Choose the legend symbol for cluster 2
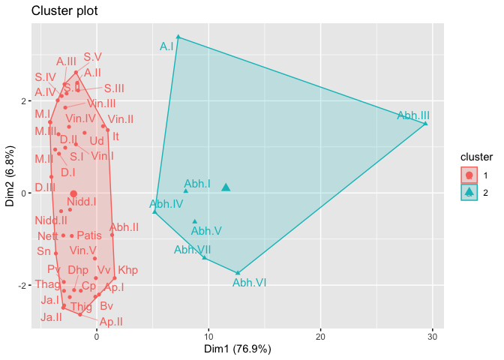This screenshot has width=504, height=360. [469, 192]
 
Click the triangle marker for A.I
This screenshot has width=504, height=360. [178, 36]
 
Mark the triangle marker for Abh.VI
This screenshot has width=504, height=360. [238, 273]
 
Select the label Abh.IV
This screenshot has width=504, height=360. [166, 203]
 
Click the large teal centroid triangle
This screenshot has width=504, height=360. [226, 187]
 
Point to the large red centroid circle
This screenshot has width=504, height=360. [73, 193]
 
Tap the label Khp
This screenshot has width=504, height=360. [128, 270]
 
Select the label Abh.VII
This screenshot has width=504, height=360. [193, 250]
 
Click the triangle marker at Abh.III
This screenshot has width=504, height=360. [426, 124]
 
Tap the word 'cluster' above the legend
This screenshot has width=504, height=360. [476, 158]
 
